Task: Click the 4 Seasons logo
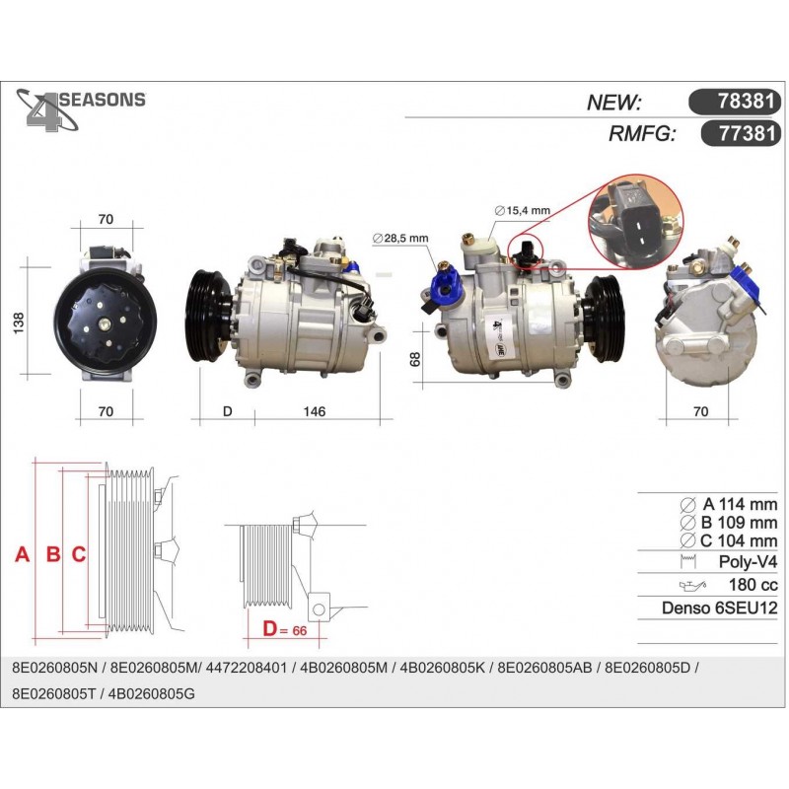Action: [x=81, y=109]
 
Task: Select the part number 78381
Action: [x=746, y=102]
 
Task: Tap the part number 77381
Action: [x=747, y=133]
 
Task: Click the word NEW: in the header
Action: [x=613, y=103]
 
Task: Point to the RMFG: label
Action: [x=642, y=134]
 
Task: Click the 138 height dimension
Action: [x=18, y=323]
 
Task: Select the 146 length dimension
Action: [x=314, y=411]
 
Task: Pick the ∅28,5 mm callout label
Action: [x=400, y=238]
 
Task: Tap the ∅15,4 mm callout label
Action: [x=523, y=210]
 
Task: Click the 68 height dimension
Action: [x=415, y=359]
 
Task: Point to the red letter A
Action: [x=22, y=554]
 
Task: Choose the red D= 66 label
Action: [x=284, y=629]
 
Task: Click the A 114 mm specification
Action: [x=729, y=504]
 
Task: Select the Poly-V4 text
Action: [x=748, y=561]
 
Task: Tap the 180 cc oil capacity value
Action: [x=753, y=584]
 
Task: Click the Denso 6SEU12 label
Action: [x=720, y=608]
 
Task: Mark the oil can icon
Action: [x=692, y=585]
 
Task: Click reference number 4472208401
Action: [x=248, y=668]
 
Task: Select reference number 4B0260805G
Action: [x=152, y=694]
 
